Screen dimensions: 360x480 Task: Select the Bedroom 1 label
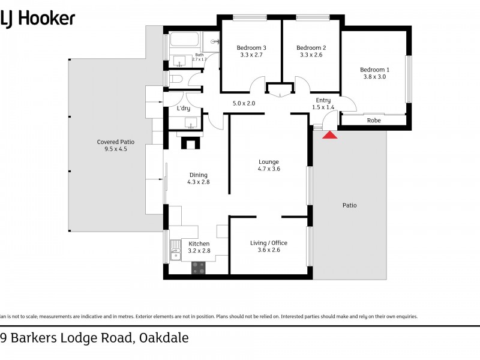click(x=374, y=73)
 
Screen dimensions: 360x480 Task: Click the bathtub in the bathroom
click(x=185, y=41)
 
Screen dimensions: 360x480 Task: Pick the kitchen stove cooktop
click(x=198, y=268)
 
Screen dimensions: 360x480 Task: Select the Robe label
click(x=374, y=121)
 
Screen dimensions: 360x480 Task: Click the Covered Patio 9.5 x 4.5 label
click(x=116, y=146)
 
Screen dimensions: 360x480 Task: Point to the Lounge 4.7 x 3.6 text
click(x=268, y=165)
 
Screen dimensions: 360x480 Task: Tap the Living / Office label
click(x=268, y=246)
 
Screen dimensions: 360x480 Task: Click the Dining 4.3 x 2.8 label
click(x=199, y=178)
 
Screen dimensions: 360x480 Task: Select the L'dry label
click(x=183, y=109)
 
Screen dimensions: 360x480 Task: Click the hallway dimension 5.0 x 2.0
click(x=244, y=103)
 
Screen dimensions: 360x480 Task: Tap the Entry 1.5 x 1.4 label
click(x=323, y=104)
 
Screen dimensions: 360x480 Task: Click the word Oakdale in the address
click(x=163, y=338)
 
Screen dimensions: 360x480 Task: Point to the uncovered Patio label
click(x=349, y=205)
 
